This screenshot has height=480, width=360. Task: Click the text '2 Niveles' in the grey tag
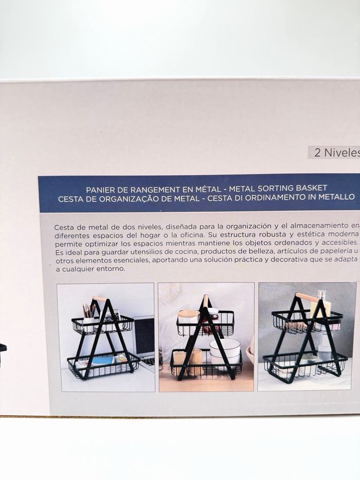click(x=336, y=152)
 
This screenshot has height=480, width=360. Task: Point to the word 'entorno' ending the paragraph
click(x=110, y=268)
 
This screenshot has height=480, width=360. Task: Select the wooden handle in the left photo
click(x=100, y=299)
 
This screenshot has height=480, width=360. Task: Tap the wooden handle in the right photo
click(x=307, y=297)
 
